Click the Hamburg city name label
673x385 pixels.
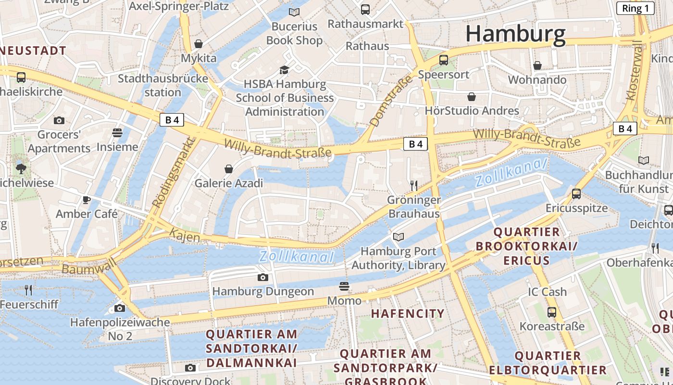click(x=515, y=34)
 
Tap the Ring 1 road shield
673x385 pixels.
click(x=635, y=8)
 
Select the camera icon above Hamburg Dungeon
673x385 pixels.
click(x=262, y=277)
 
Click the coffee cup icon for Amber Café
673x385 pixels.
click(x=87, y=200)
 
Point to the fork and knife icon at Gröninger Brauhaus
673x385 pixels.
click(x=413, y=185)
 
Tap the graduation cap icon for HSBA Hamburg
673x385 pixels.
click(x=285, y=70)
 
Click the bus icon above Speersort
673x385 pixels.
click(x=444, y=60)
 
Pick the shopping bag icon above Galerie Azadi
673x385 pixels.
click(x=229, y=169)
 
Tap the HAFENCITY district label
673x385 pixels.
click(x=408, y=313)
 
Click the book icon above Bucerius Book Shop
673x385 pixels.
click(x=294, y=12)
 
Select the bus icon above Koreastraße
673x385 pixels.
click(x=552, y=312)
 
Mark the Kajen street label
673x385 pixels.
click(x=185, y=234)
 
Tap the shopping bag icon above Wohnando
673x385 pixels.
click(x=537, y=65)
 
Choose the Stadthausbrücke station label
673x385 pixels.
click(x=163, y=85)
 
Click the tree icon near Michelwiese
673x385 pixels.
click(x=21, y=168)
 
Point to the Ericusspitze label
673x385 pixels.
click(x=576, y=208)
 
